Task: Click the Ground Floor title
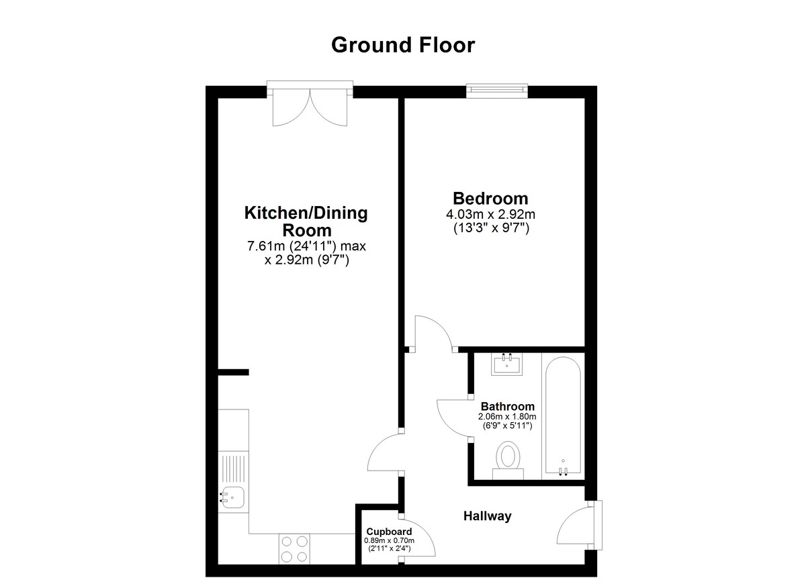[x=402, y=45]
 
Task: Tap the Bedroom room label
[x=490, y=199]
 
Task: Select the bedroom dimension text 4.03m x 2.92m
[x=490, y=215]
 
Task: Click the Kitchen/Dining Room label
[x=306, y=222]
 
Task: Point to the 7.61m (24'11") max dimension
[x=306, y=246]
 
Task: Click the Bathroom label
[x=507, y=407]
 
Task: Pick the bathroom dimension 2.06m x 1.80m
[x=507, y=417]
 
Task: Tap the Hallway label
[x=487, y=516]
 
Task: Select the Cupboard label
[x=389, y=532]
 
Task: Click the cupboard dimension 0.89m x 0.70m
[x=389, y=541]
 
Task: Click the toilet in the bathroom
[x=508, y=460]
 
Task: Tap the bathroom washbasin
[x=507, y=364]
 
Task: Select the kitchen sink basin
[x=232, y=497]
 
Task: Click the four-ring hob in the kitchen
[x=294, y=549]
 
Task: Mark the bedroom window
[x=497, y=91]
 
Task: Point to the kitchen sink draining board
[x=234, y=469]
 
